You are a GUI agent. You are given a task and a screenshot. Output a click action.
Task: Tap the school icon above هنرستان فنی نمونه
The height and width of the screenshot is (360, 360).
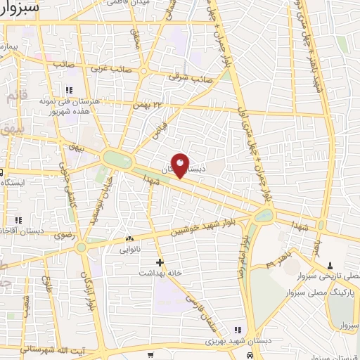pyautogui.click(x=69, y=91)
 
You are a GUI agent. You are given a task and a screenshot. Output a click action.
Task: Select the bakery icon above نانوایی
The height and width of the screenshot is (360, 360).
pyautogui.click(x=129, y=238)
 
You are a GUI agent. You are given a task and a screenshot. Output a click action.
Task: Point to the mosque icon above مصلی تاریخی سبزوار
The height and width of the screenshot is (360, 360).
pyautogui.click(x=330, y=265)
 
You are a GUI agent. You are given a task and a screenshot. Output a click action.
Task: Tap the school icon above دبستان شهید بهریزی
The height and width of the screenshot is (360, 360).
pyautogui.click(x=238, y=330)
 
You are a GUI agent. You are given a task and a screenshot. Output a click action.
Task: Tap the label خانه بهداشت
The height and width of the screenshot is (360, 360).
pyautogui.click(x=160, y=272)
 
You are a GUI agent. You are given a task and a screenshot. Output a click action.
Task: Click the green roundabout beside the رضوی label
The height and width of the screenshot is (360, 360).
pyautogui.click(x=82, y=246)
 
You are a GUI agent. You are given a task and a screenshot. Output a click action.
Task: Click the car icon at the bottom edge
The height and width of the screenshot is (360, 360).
pyautogui.click(x=249, y=356)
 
